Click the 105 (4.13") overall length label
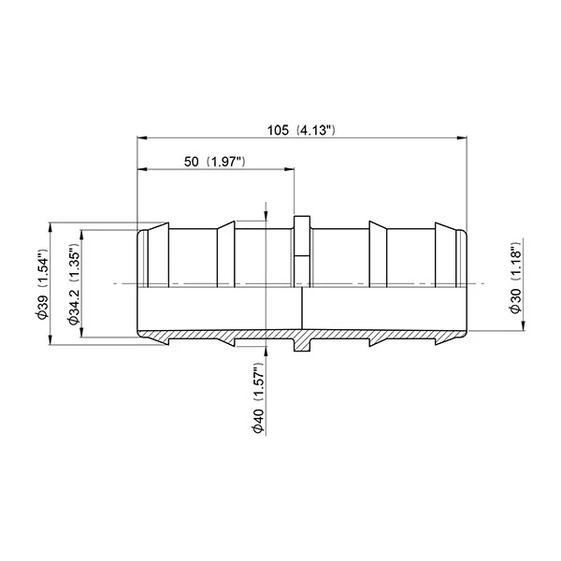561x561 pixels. pyautogui.click(x=301, y=130)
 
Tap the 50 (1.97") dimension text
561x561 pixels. pyautogui.click(x=215, y=162)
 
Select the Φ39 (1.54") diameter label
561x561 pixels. pyautogui.click(x=42, y=283)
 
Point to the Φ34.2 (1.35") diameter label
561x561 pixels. pyautogui.click(x=74, y=283)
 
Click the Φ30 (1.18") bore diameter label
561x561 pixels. pyautogui.click(x=515, y=278)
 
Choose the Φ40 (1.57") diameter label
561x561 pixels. pyautogui.click(x=259, y=398)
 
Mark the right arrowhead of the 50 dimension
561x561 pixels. pyautogui.click(x=289, y=169)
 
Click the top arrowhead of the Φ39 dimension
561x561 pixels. pyautogui.click(x=50, y=227)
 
